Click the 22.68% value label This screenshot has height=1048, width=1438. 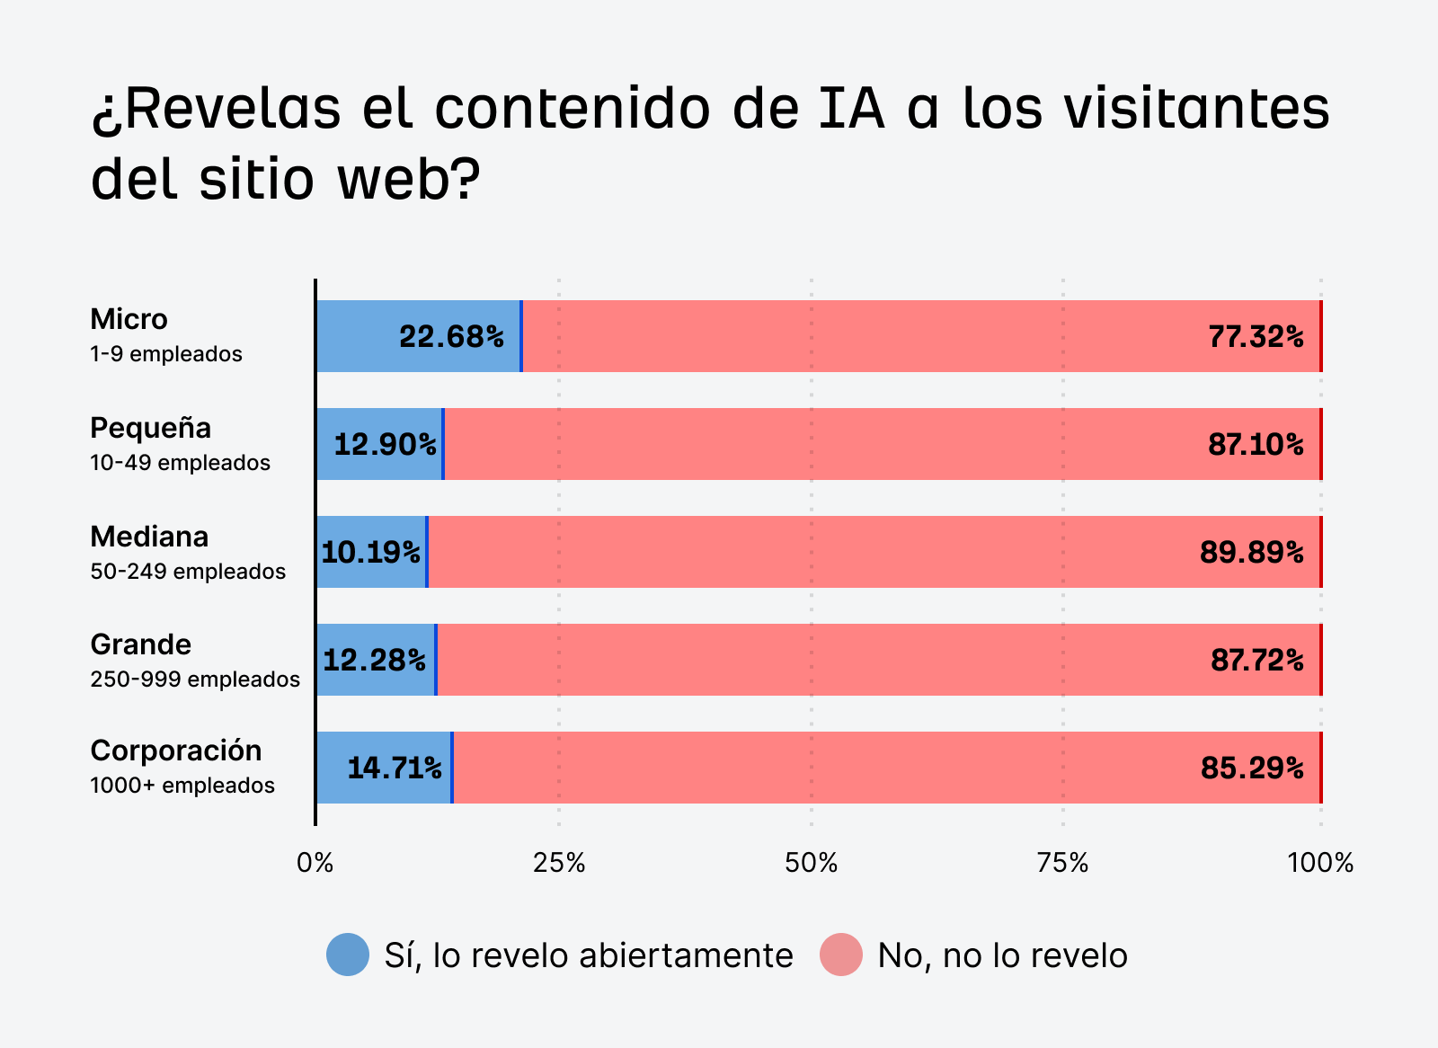click(x=451, y=337)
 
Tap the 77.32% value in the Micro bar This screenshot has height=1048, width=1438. click(x=1256, y=337)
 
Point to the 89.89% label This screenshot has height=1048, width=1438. click(x=1251, y=552)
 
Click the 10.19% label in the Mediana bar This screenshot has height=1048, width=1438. click(x=370, y=552)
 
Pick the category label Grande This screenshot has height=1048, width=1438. click(x=141, y=644)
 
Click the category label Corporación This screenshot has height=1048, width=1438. click(x=176, y=750)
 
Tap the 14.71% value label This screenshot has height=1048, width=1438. click(x=394, y=768)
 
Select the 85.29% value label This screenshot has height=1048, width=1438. click(x=1252, y=768)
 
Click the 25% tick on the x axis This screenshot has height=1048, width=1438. click(x=559, y=864)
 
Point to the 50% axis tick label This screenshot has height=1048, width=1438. click(x=811, y=864)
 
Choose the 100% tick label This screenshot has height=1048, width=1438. click(x=1320, y=864)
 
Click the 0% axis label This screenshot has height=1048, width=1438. click(x=315, y=864)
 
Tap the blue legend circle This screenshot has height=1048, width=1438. click(x=348, y=955)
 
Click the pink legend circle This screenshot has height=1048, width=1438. click(x=841, y=955)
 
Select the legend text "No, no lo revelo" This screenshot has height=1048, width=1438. click(x=1002, y=955)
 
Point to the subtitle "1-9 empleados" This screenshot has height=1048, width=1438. click(x=166, y=354)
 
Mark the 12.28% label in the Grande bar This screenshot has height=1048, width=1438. click(x=374, y=661)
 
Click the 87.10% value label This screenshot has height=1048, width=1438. click(x=1256, y=444)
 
